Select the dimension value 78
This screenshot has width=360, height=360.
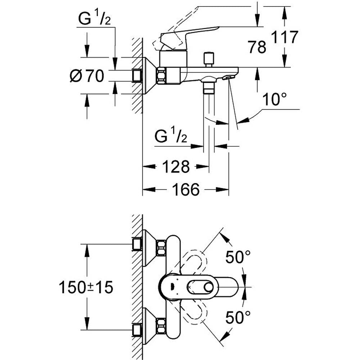(257, 47)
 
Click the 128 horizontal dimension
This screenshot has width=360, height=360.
(176, 167)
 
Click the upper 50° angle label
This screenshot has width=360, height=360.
(238, 257)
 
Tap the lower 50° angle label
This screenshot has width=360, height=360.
(238, 318)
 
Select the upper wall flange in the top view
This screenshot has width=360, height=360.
(149, 248)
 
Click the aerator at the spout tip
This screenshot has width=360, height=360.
(228, 77)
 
